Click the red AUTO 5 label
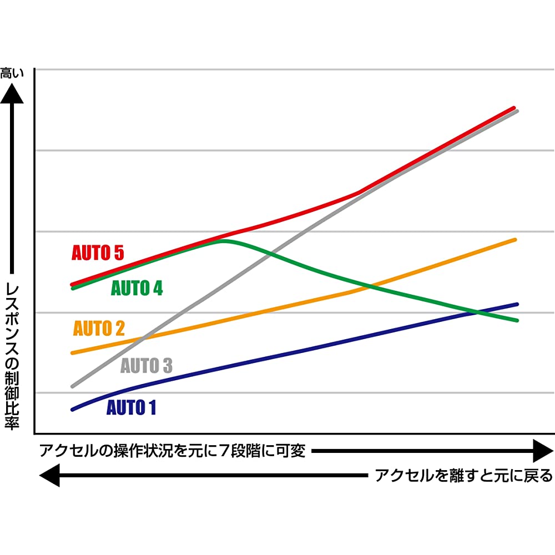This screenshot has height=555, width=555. [x=98, y=253]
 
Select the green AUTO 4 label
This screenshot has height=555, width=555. [x=137, y=289]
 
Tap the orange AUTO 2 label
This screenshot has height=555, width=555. [x=99, y=329]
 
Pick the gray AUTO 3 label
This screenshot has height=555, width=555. [x=147, y=366]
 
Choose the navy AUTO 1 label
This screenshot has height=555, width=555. [x=131, y=408]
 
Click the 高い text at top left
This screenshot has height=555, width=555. [x=12, y=73]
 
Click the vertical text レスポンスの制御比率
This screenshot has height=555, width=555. [x=12, y=355]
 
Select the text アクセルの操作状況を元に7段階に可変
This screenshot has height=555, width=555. [x=172, y=451]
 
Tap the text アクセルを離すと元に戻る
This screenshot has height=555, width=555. [x=464, y=476]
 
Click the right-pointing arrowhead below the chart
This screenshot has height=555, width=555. [x=542, y=451]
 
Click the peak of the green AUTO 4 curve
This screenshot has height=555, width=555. [x=223, y=240]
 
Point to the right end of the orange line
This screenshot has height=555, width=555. [x=516, y=240]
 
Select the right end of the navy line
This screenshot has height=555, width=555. [x=517, y=304]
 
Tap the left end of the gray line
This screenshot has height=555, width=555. [x=72, y=386]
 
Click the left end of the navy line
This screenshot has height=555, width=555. [x=72, y=410]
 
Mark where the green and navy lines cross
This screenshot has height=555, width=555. [x=476, y=312]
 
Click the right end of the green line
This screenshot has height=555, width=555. [x=517, y=320]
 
